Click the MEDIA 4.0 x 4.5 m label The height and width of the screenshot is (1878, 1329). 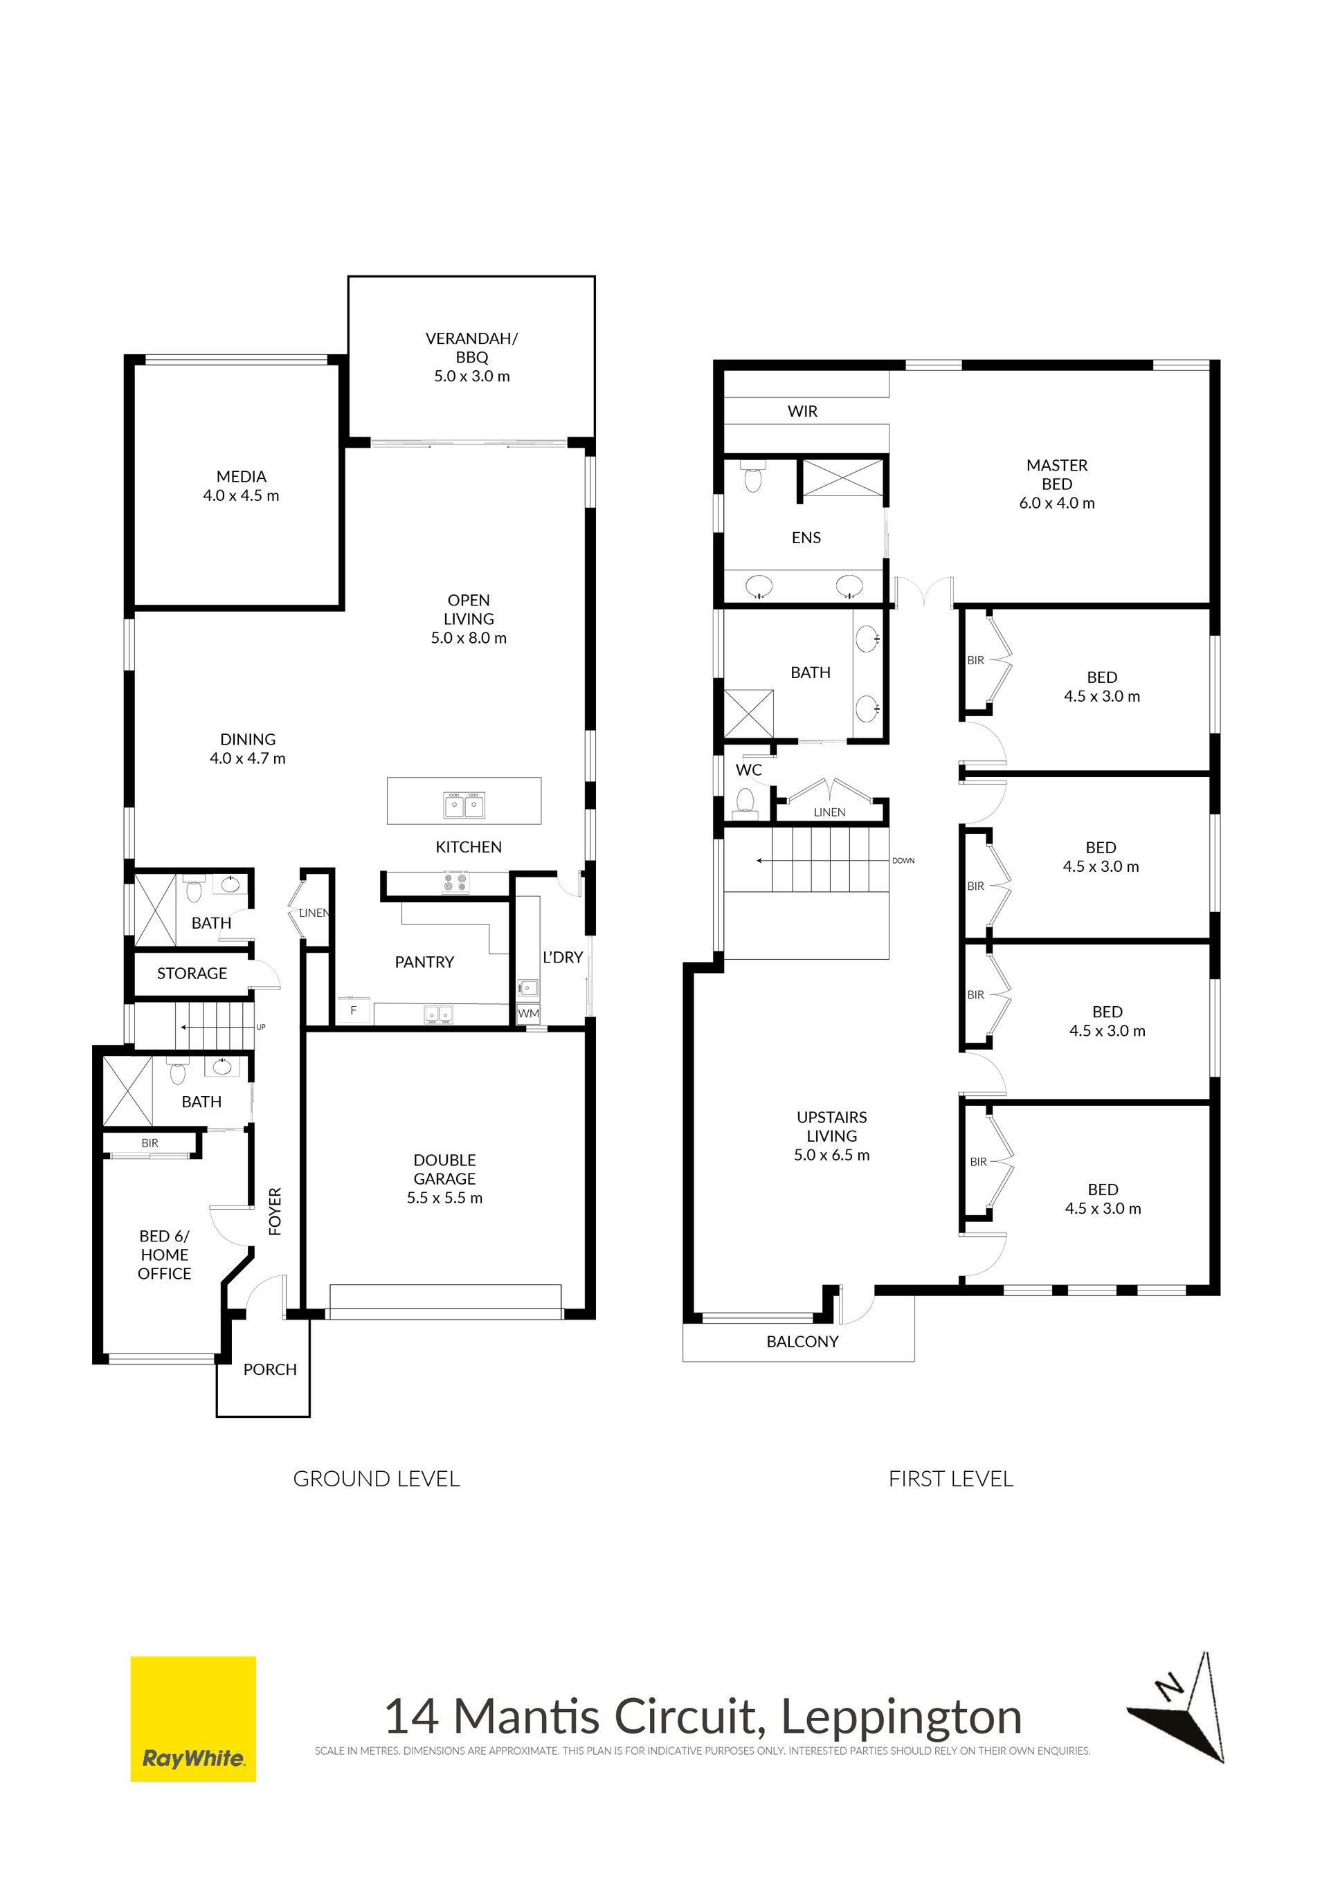[x=242, y=486]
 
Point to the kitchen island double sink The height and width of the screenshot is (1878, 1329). [x=464, y=805]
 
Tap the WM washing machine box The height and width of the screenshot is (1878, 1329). [x=529, y=1014]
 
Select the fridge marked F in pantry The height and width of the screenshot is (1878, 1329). [x=354, y=1010]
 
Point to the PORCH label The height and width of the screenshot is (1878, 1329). [x=270, y=1369]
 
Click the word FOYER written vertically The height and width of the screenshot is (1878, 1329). [x=275, y=1212]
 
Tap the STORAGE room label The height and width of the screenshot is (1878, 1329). [x=192, y=974]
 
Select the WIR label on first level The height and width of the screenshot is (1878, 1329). [x=802, y=412]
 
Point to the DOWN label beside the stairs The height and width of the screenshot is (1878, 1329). [x=903, y=861]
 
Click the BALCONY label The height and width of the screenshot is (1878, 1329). [x=802, y=1342]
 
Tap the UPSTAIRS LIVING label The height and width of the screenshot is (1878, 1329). [x=831, y=1136]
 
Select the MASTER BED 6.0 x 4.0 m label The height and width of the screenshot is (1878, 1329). [x=1056, y=484]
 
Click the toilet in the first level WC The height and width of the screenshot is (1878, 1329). [x=745, y=803]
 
